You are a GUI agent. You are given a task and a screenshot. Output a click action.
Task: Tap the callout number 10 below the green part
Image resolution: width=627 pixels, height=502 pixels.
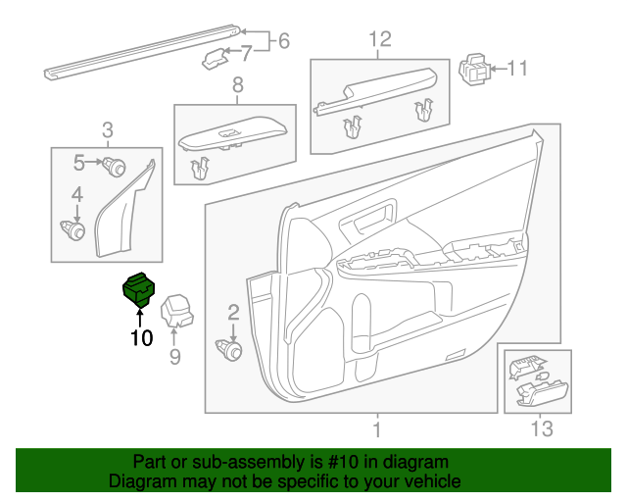[x=141, y=338]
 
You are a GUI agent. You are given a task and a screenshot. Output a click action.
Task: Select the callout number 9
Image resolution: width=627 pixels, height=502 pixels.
[x=175, y=357]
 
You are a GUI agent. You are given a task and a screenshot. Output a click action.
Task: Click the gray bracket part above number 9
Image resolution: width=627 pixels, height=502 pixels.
[x=176, y=312]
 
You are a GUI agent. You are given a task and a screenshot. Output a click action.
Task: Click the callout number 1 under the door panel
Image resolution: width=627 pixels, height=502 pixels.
[x=377, y=428]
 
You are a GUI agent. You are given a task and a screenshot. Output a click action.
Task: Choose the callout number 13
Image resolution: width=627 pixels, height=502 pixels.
[x=542, y=428]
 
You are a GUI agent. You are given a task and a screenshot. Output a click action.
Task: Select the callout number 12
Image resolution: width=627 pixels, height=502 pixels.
[x=379, y=39]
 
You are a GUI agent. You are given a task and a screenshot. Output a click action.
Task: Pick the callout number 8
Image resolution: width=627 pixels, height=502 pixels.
[x=236, y=88]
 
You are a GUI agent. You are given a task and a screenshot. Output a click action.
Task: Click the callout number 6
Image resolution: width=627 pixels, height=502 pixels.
[x=284, y=41]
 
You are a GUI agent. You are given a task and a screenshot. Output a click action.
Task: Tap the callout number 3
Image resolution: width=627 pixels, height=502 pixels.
[x=107, y=129]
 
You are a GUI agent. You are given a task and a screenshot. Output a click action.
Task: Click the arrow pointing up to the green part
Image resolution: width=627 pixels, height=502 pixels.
[x=140, y=317]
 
